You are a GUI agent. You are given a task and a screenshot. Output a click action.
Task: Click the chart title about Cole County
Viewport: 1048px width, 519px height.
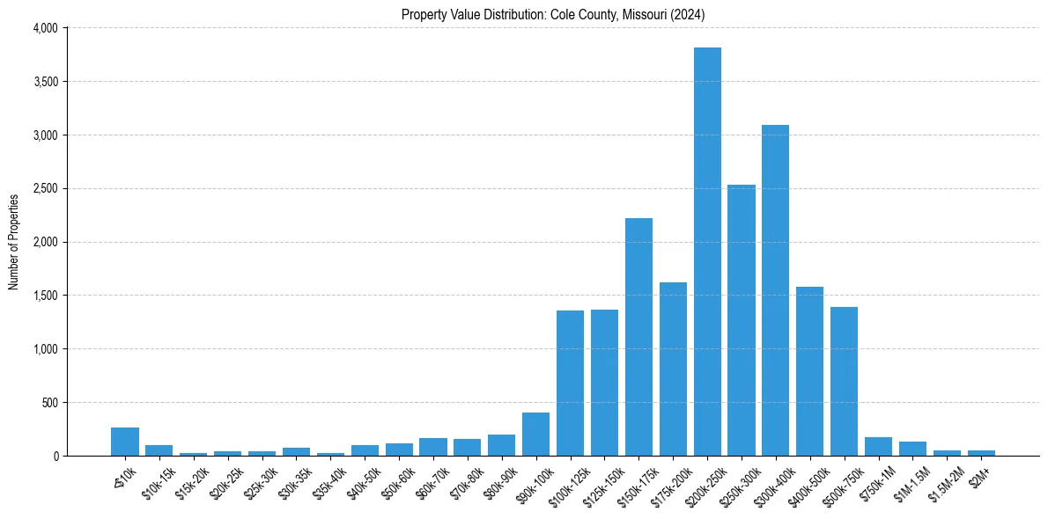click(x=553, y=15)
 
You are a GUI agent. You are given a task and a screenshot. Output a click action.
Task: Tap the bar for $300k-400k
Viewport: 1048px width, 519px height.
click(x=776, y=290)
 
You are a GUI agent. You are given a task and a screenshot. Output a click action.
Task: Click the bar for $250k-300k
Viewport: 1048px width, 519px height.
click(x=742, y=320)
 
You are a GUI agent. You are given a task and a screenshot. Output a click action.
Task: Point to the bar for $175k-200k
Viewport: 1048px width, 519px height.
click(x=673, y=369)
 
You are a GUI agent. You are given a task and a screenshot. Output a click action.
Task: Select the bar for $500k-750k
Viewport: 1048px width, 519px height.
click(x=844, y=382)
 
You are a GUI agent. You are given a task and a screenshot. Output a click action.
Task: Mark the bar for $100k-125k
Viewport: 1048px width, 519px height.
click(x=570, y=384)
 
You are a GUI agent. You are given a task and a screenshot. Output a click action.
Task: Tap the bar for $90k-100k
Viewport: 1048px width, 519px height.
click(x=535, y=435)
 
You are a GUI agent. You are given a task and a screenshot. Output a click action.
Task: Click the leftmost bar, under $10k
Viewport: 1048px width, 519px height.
click(x=125, y=442)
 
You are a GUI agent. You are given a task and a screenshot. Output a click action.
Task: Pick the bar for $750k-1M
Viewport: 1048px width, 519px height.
click(x=878, y=447)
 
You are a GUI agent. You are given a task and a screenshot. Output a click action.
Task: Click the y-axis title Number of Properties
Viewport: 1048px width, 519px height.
click(x=14, y=242)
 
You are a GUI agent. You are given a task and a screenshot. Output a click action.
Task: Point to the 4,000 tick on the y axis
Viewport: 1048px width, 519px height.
click(x=44, y=28)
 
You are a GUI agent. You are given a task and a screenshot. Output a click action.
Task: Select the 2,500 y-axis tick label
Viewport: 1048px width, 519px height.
click(x=44, y=189)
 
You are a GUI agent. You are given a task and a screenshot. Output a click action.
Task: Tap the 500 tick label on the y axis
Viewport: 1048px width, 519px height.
click(x=49, y=403)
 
